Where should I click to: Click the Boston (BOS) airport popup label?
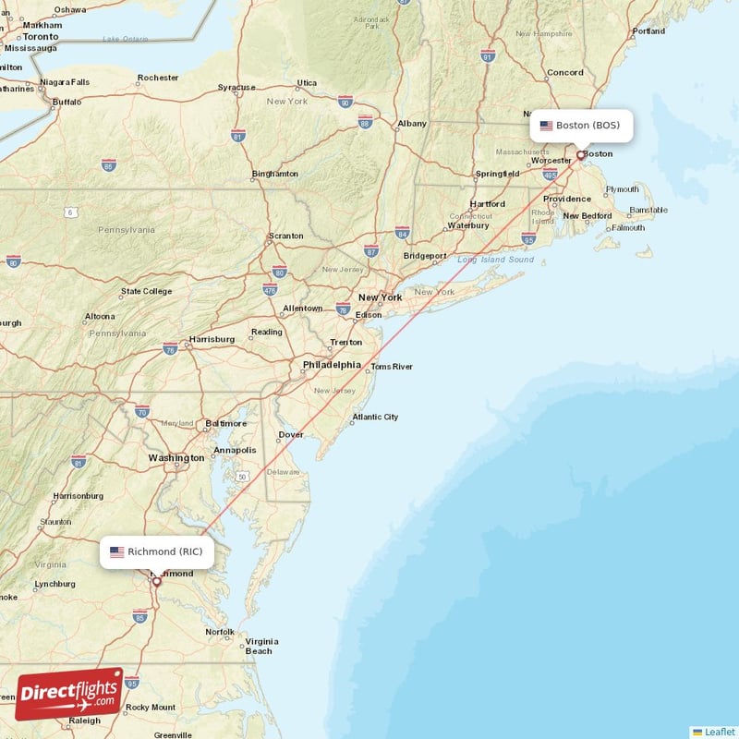581,126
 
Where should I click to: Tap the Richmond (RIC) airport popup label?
157,552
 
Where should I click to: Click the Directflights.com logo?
68,694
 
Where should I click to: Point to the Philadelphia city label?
332,365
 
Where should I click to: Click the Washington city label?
176,458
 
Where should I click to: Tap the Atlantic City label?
374,418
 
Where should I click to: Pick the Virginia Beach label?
261,646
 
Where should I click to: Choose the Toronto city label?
41,36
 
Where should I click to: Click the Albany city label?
412,124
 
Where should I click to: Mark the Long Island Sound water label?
495,260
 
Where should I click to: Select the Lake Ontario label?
125,39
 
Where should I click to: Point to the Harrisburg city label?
212,339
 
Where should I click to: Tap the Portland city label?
648,31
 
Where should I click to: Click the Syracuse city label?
236,88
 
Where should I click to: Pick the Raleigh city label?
85,721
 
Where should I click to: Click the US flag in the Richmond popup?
117,552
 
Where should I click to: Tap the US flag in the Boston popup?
546,126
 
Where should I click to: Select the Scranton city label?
285,236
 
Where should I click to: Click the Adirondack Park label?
371,22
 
